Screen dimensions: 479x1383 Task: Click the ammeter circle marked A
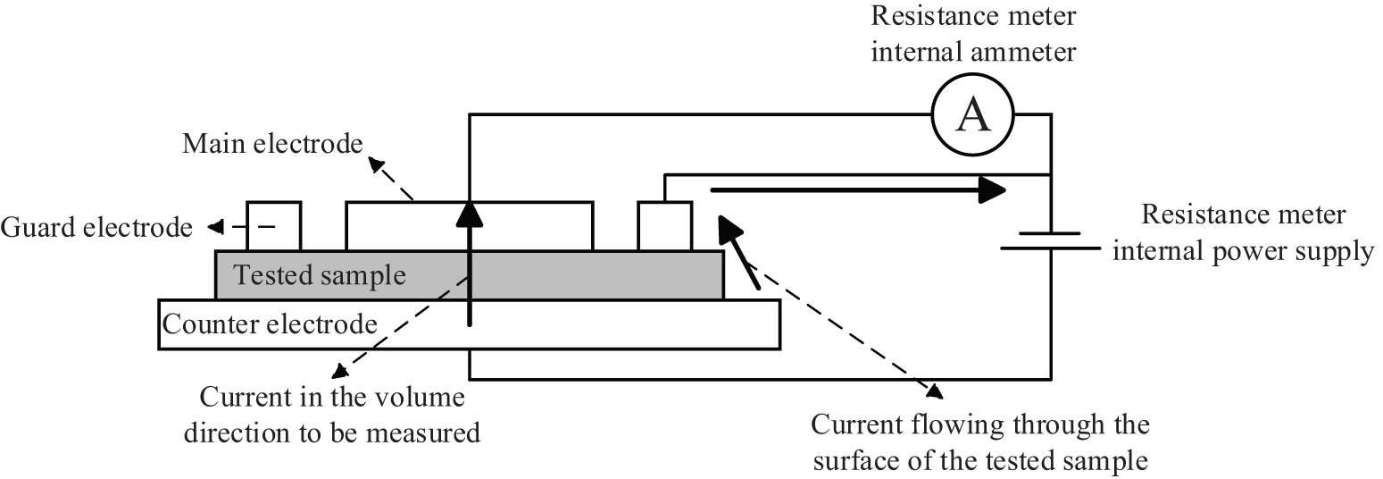tap(973, 114)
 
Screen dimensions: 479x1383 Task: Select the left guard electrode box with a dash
tap(273, 226)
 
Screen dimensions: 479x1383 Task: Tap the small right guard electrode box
tap(664, 226)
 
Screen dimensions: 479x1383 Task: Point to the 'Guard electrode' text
tap(96, 227)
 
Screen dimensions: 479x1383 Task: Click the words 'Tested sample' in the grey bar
tap(319, 274)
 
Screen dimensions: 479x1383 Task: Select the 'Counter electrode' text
tap(270, 323)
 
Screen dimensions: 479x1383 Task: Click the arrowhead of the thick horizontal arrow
tap(991, 189)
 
